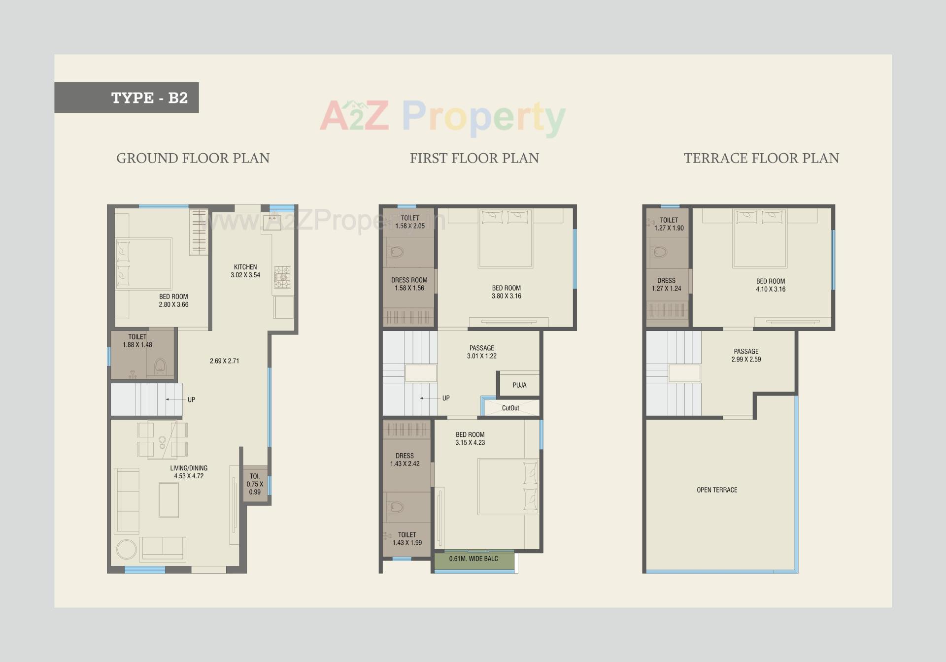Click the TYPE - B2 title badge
point(127,98)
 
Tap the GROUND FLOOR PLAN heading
point(193,158)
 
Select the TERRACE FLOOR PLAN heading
point(761,158)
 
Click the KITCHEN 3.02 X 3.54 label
point(245,271)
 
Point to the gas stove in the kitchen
point(283,277)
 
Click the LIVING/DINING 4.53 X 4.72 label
point(189,472)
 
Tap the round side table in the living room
point(127,550)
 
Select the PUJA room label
point(519,385)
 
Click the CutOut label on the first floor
point(510,408)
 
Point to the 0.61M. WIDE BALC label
point(473,559)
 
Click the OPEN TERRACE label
point(717,490)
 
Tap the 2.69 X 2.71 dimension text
point(224,361)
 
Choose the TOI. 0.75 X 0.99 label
point(255,484)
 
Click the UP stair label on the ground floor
point(191,399)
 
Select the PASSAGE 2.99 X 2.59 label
point(746,355)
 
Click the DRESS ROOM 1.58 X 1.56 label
point(409,284)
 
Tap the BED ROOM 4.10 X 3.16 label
point(771,285)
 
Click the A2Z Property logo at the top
point(442,117)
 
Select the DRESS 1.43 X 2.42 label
point(405,460)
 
